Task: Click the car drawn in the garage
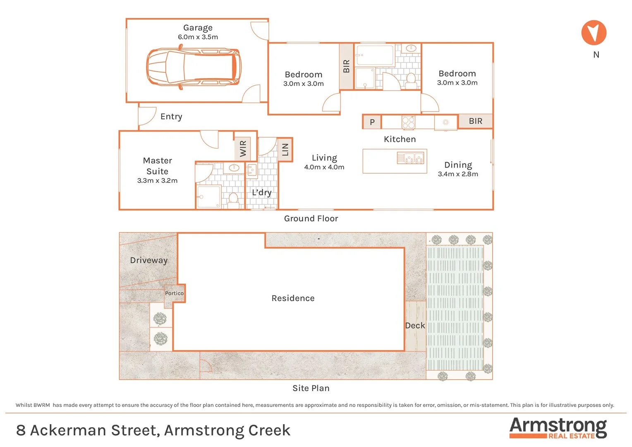[x=194, y=67]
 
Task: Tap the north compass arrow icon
[x=594, y=33]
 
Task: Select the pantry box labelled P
[x=372, y=122]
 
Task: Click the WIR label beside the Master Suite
[x=243, y=148]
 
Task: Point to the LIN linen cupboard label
[x=285, y=149]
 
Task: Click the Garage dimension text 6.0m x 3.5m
[x=198, y=37]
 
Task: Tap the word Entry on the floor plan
[x=171, y=117]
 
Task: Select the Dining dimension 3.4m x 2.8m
[x=458, y=174]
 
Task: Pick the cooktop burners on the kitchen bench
[x=408, y=123]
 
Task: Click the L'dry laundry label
[x=262, y=192]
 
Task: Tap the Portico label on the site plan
[x=174, y=293]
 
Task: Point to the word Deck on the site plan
[x=415, y=326]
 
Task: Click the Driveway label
[x=149, y=260]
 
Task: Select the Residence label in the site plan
[x=293, y=298]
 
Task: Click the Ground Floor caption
[x=311, y=219]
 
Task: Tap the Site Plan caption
[x=311, y=388]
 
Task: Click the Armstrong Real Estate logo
[x=558, y=428]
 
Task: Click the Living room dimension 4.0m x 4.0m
[x=324, y=167]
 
